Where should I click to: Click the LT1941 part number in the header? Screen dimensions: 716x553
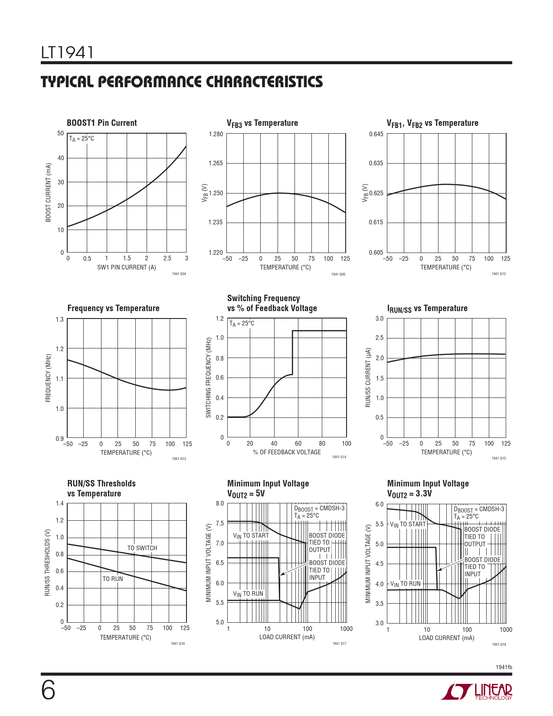pyautogui.click(x=67, y=53)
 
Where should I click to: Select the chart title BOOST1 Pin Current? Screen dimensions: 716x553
pyautogui.click(x=101, y=123)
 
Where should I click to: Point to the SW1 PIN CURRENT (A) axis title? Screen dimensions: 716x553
pyautogui.click(x=126, y=267)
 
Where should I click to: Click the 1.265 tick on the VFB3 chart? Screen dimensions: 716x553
pyautogui.click(x=216, y=164)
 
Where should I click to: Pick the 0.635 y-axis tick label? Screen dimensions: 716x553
pyautogui.click(x=376, y=164)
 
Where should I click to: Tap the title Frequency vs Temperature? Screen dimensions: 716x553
pyautogui.click(x=113, y=308)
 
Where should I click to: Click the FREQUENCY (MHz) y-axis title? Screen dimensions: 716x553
pyautogui.click(x=48, y=378)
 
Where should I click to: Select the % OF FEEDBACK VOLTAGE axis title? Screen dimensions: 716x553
pyautogui.click(x=287, y=452)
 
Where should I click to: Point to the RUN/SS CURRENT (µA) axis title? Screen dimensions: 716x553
pyautogui.click(x=368, y=377)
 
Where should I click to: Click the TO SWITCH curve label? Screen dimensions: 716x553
pyautogui.click(x=142, y=548)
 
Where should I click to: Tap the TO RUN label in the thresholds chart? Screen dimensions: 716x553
pyautogui.click(x=112, y=579)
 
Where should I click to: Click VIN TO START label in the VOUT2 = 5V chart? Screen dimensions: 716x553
pyautogui.click(x=251, y=536)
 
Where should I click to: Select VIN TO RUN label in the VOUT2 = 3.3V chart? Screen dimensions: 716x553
pyautogui.click(x=405, y=584)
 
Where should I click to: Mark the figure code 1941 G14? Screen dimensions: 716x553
pyautogui.click(x=339, y=457)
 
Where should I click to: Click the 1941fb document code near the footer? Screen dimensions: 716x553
pyautogui.click(x=504, y=667)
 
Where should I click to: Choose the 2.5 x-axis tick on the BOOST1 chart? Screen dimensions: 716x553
pyautogui.click(x=167, y=259)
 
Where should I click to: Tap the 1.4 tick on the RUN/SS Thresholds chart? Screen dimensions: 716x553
pyautogui.click(x=59, y=504)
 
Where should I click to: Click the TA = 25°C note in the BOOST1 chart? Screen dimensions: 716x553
pyautogui.click(x=82, y=139)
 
